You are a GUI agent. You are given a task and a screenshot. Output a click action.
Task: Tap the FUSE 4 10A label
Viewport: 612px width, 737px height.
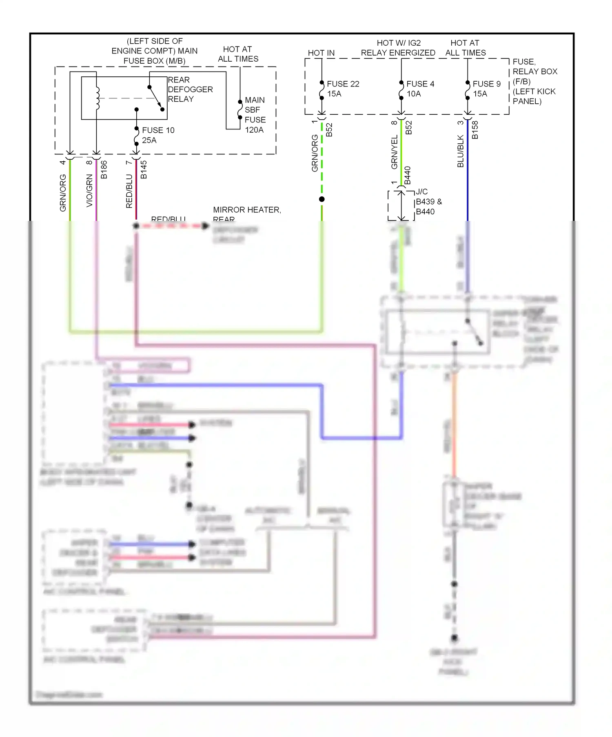[x=420, y=89]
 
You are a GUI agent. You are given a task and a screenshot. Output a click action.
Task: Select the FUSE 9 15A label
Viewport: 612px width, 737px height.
[x=486, y=89]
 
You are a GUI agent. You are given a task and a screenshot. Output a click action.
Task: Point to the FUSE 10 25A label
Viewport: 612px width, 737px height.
[x=158, y=135]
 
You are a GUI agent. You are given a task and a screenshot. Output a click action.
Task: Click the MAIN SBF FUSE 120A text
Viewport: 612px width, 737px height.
[x=255, y=115]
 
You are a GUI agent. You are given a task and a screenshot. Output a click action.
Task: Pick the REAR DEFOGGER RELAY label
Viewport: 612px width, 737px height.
[x=190, y=89]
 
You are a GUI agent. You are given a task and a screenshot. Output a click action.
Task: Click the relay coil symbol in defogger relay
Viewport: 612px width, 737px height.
[x=97, y=98]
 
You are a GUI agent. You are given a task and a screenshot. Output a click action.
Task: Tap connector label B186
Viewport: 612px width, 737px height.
[x=104, y=169]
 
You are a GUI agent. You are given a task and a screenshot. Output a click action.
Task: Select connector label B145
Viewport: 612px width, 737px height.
[x=144, y=169]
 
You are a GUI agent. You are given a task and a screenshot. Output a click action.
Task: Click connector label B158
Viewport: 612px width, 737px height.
[x=475, y=130]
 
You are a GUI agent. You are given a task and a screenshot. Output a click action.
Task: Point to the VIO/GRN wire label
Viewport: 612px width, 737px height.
[x=89, y=191]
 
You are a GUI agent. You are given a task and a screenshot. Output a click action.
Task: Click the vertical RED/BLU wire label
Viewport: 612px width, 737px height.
[x=129, y=191]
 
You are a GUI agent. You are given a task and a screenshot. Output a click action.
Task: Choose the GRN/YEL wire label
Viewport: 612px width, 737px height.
[x=395, y=152]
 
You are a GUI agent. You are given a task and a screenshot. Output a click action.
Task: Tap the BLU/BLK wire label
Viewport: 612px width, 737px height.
[x=461, y=151]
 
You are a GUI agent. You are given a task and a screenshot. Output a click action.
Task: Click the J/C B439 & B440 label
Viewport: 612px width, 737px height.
[x=428, y=202]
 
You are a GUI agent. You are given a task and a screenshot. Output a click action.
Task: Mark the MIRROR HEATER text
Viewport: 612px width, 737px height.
[x=247, y=210]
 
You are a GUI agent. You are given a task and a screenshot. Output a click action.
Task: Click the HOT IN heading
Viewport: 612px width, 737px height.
[x=321, y=53]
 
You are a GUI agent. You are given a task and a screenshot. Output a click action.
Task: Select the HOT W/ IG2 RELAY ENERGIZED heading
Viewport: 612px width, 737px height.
[x=398, y=48]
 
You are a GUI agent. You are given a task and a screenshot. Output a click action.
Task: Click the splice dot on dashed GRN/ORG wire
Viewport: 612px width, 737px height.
[x=322, y=199]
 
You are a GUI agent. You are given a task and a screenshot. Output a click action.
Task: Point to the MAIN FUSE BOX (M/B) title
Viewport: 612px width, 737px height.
[x=155, y=51]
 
